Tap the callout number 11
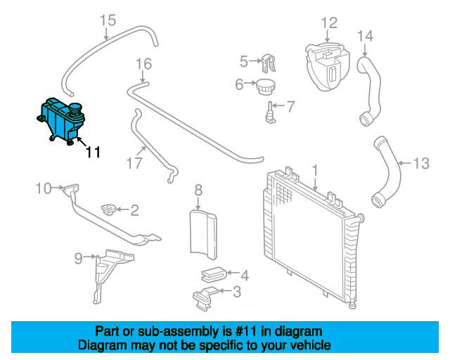pyautogui.click(x=93, y=152)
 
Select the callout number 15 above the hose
pyautogui.click(x=107, y=20)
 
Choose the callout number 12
pyautogui.click(x=329, y=23)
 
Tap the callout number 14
pyautogui.click(x=366, y=35)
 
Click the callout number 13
pyautogui.click(x=420, y=164)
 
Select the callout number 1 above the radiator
pyautogui.click(x=316, y=170)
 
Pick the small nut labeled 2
pyautogui.click(x=110, y=209)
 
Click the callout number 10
pyautogui.click(x=44, y=188)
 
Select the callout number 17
pyautogui.click(x=134, y=163)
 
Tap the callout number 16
pyautogui.click(x=143, y=65)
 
